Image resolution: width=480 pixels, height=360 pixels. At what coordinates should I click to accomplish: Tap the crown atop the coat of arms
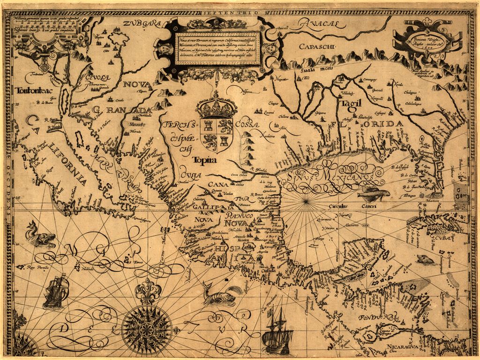pos(216,104)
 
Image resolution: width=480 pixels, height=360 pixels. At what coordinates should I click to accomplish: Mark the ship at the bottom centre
pos(277,331)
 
